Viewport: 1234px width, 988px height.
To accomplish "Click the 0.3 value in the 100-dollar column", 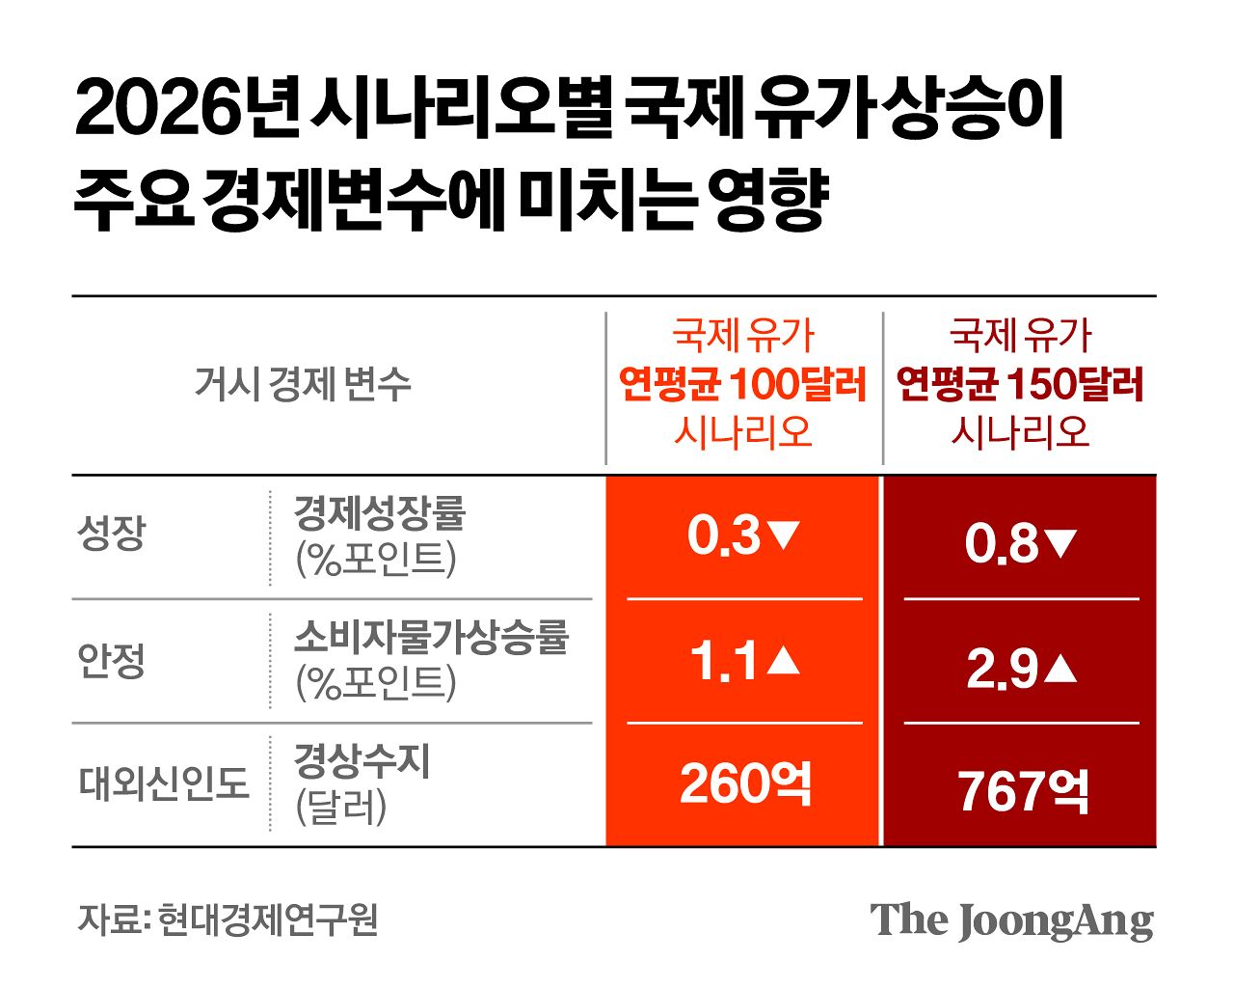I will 724,536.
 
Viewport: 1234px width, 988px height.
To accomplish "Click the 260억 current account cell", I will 745,783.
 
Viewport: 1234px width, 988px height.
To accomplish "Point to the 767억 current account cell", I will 1023,791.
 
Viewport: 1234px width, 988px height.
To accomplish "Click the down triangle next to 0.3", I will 783,535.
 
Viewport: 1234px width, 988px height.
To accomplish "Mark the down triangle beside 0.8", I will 1060,544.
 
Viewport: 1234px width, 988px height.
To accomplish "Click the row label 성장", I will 112,534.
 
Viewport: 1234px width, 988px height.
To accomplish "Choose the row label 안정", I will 112,661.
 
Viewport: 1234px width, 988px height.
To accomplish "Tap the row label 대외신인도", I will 164,783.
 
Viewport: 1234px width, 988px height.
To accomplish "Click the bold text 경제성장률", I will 379,512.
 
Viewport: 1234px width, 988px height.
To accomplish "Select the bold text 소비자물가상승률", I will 431,637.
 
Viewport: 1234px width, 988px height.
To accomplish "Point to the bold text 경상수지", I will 362,762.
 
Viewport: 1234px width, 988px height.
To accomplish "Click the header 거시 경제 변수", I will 303,384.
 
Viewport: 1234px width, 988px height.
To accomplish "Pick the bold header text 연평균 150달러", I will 1020,384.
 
